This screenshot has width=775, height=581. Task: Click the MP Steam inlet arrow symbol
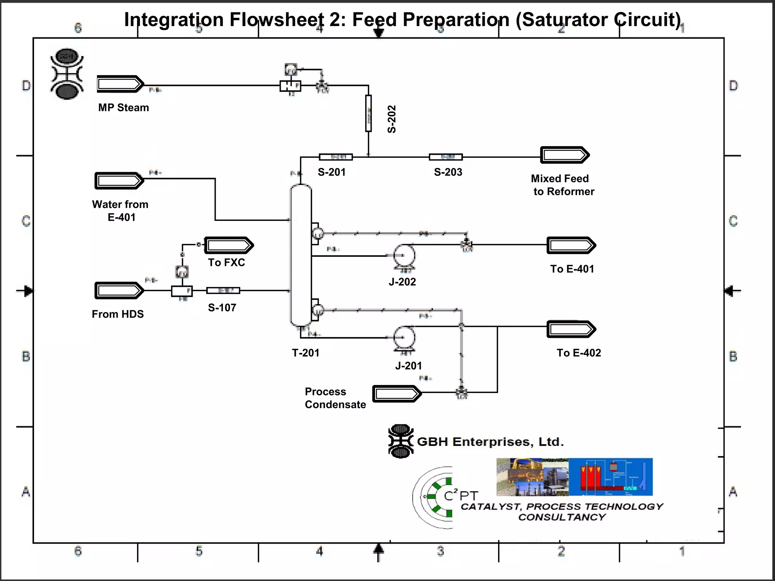point(120,84)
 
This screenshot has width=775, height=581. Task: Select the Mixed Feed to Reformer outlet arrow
point(564,155)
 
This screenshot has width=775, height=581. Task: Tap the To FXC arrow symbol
point(229,245)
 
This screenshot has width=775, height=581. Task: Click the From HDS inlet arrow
point(119,290)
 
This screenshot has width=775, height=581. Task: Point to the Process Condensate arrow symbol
point(397,394)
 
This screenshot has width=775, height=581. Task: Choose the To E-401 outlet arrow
point(571,245)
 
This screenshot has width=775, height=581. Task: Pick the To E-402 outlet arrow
point(571,329)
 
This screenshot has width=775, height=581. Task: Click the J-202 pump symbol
point(404,256)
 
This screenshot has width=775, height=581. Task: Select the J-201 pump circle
point(404,337)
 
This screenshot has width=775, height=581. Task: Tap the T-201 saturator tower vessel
point(301,255)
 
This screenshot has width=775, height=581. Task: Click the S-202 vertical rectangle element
point(368,113)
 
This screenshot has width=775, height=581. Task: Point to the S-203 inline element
point(446,157)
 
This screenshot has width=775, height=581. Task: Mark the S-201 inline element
point(336,157)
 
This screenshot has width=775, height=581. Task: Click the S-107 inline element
point(223,290)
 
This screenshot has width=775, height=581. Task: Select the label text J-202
point(402,282)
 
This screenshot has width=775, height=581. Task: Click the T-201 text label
point(305,353)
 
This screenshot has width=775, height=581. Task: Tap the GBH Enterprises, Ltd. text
point(490,442)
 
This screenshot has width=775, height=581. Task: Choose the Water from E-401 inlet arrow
point(119,181)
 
